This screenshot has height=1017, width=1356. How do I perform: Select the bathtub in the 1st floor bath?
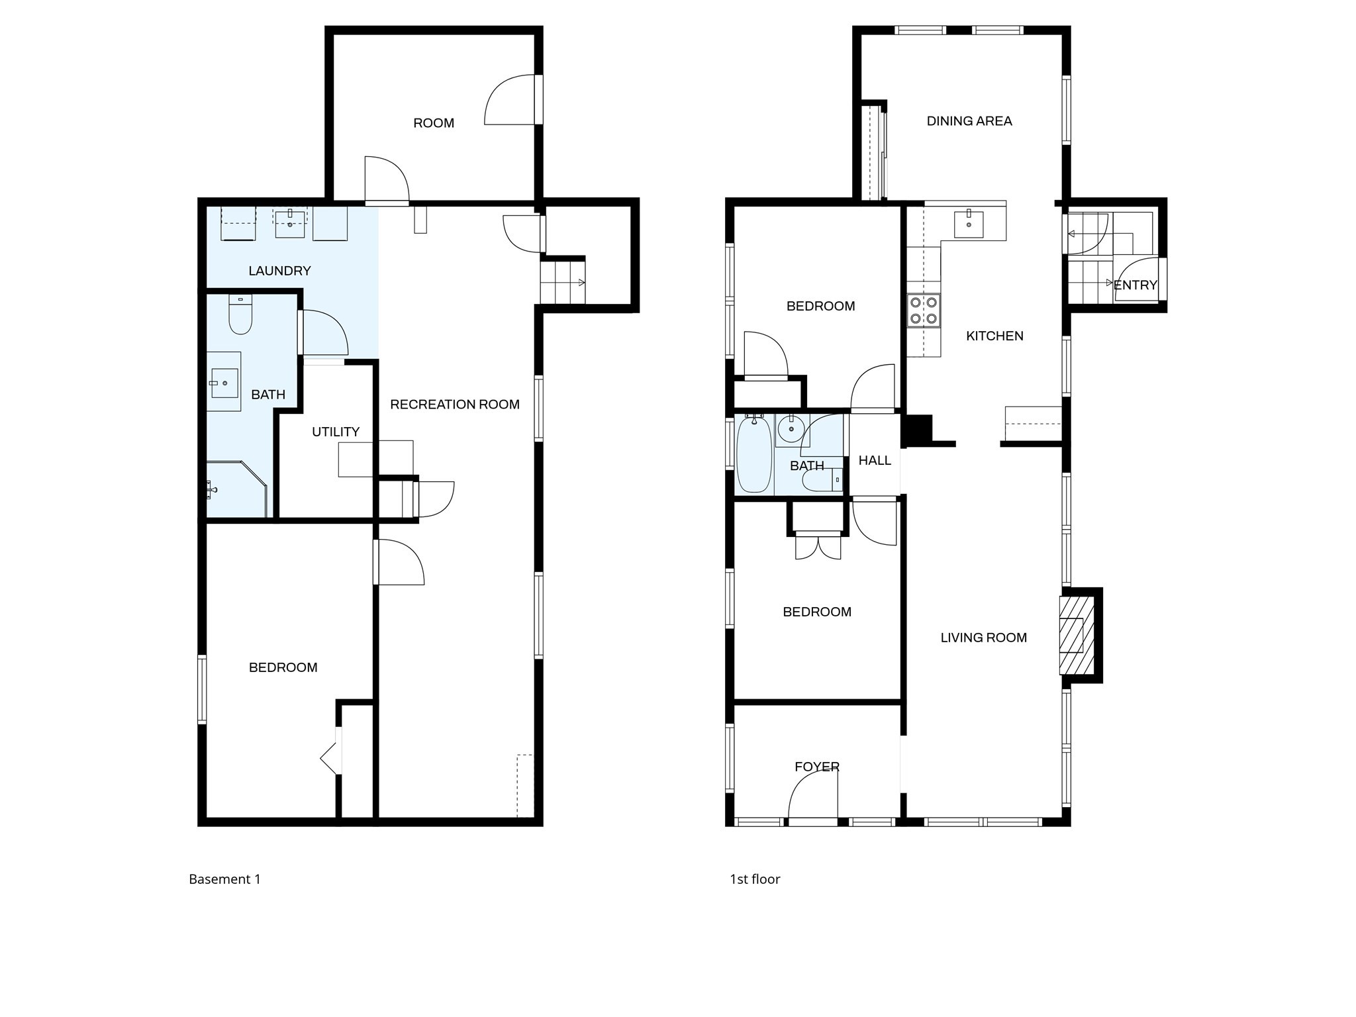tap(754, 454)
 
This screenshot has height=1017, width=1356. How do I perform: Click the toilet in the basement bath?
tap(240, 316)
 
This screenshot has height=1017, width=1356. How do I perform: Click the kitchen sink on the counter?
tap(969, 223)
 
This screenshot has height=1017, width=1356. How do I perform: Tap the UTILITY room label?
tap(336, 432)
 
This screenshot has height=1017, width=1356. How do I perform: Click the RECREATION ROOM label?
tap(454, 405)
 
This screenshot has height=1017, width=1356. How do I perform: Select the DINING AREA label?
tap(969, 121)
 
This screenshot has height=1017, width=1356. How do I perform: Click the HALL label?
tap(875, 460)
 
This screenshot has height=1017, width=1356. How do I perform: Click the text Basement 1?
tap(224, 879)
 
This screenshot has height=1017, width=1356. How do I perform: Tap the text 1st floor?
tap(755, 879)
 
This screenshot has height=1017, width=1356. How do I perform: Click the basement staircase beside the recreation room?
tap(562, 283)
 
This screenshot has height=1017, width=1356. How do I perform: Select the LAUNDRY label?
tap(279, 271)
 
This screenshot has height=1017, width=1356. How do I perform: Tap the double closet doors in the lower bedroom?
tap(818, 546)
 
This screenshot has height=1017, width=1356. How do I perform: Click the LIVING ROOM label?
tap(983, 638)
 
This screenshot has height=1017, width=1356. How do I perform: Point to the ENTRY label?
tap(1135, 285)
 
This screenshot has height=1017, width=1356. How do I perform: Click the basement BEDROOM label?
tap(283, 667)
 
